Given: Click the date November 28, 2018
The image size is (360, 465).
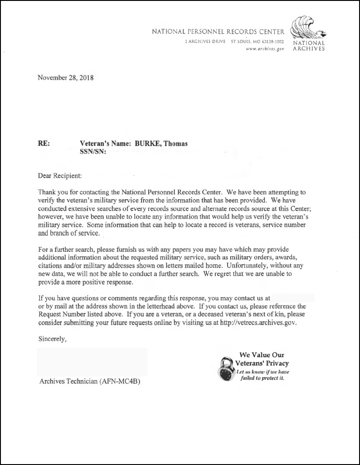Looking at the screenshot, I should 65,78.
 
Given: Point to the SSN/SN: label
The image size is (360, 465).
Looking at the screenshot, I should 93,152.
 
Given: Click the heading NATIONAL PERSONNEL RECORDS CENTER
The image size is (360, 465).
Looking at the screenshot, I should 218,32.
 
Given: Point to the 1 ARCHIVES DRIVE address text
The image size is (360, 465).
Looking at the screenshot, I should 205,42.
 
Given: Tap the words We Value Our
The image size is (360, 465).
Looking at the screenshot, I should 261,355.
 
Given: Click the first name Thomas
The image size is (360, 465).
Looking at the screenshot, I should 176,144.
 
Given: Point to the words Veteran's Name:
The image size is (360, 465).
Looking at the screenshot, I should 103,144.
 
